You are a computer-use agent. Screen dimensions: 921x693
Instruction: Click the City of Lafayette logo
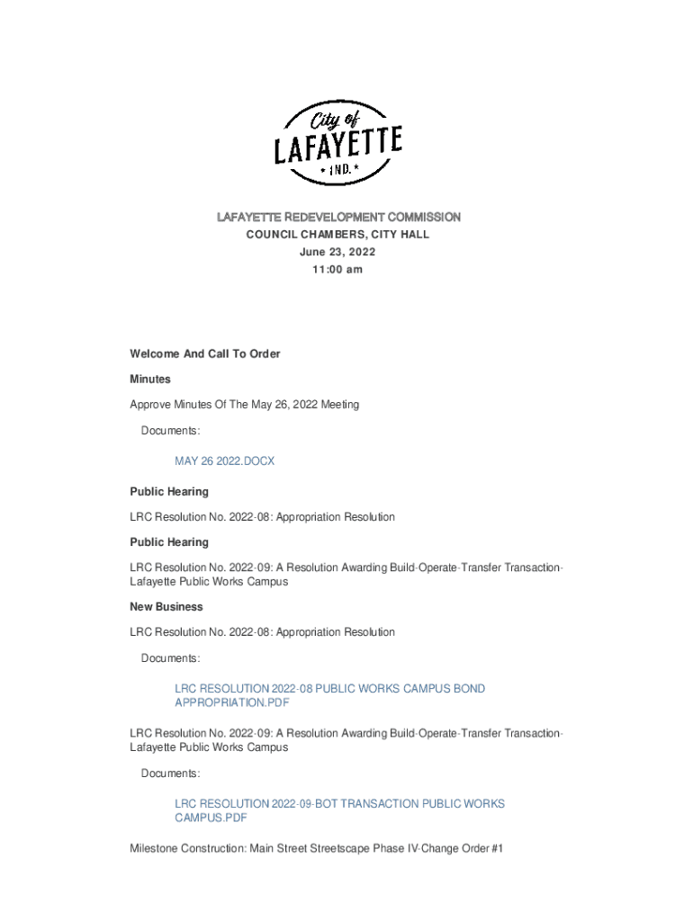click(338, 143)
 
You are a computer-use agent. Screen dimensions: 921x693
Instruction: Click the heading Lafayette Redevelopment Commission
click(338, 218)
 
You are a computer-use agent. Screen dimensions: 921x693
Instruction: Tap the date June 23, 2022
click(338, 252)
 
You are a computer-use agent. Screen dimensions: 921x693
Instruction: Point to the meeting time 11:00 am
click(338, 270)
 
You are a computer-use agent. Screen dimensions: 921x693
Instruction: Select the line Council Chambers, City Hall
click(338, 235)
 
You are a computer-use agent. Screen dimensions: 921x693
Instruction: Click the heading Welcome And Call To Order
click(205, 354)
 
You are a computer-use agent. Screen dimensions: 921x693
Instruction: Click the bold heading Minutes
click(150, 380)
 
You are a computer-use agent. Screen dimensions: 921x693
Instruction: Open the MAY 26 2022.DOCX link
click(224, 461)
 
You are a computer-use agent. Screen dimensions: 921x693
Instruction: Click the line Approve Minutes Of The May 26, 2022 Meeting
click(244, 405)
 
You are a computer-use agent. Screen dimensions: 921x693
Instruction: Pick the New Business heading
click(166, 607)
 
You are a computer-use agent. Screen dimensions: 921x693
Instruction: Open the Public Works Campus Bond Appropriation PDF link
click(329, 695)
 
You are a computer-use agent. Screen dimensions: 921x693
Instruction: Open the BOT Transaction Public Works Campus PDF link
click(339, 810)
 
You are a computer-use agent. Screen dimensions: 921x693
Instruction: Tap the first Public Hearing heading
click(169, 492)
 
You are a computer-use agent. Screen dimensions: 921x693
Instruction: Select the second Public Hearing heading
click(169, 542)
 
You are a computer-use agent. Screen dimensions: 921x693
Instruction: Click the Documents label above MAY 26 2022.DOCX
click(170, 432)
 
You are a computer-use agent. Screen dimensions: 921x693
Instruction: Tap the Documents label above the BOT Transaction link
click(170, 773)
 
